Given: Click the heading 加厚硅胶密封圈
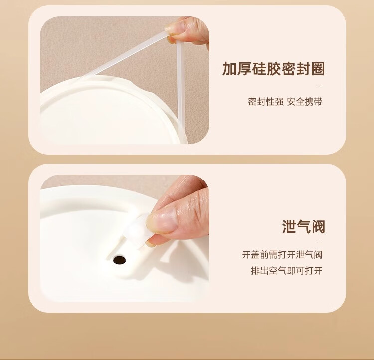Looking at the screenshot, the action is [x=274, y=69].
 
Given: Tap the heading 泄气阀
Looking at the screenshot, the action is [x=304, y=227].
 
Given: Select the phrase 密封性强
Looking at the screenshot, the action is [x=266, y=102].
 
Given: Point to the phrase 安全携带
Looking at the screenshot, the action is [x=305, y=102].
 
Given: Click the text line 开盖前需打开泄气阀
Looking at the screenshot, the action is [x=282, y=255].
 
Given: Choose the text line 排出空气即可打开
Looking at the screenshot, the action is [x=287, y=271].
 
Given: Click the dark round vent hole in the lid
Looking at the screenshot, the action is [x=119, y=260].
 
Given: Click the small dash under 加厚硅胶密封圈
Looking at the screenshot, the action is [x=321, y=85].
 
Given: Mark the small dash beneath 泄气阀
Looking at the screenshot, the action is [x=321, y=243].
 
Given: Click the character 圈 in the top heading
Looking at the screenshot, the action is [x=318, y=69].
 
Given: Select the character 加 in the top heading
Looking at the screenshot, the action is [x=229, y=69].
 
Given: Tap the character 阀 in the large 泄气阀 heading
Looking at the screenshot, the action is [x=318, y=227].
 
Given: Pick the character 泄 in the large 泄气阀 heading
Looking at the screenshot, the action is [x=289, y=227].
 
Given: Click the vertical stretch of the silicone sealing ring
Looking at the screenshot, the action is [x=181, y=93].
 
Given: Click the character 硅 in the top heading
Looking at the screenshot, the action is [x=259, y=69].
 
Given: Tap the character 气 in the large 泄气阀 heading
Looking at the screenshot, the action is [x=304, y=227].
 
